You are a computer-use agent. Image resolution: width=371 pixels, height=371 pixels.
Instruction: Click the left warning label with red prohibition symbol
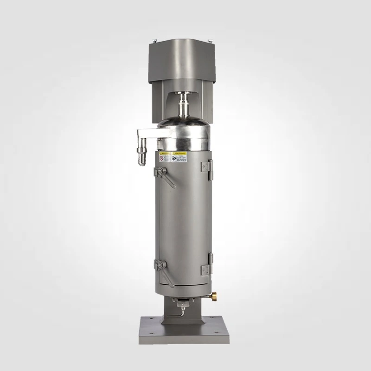164,158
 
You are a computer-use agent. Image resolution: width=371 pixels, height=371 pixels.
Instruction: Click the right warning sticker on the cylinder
180,157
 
